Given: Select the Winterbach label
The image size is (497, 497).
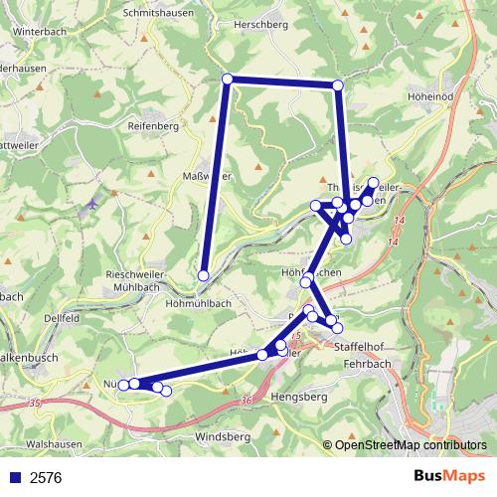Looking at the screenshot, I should point(39,31).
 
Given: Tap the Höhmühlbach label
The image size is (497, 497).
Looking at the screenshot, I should point(200,302).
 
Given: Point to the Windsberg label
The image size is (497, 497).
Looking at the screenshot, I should point(224,436).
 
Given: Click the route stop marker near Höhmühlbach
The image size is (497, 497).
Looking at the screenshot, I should point(204,275).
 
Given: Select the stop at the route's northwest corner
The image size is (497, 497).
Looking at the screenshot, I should point(228,80).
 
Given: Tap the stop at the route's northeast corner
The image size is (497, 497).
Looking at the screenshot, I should point(338,85).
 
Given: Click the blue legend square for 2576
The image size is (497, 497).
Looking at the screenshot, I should point(13,477).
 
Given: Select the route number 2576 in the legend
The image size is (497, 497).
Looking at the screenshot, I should point(46,477).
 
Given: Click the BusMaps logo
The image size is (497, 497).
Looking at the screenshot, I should point(450,476).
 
